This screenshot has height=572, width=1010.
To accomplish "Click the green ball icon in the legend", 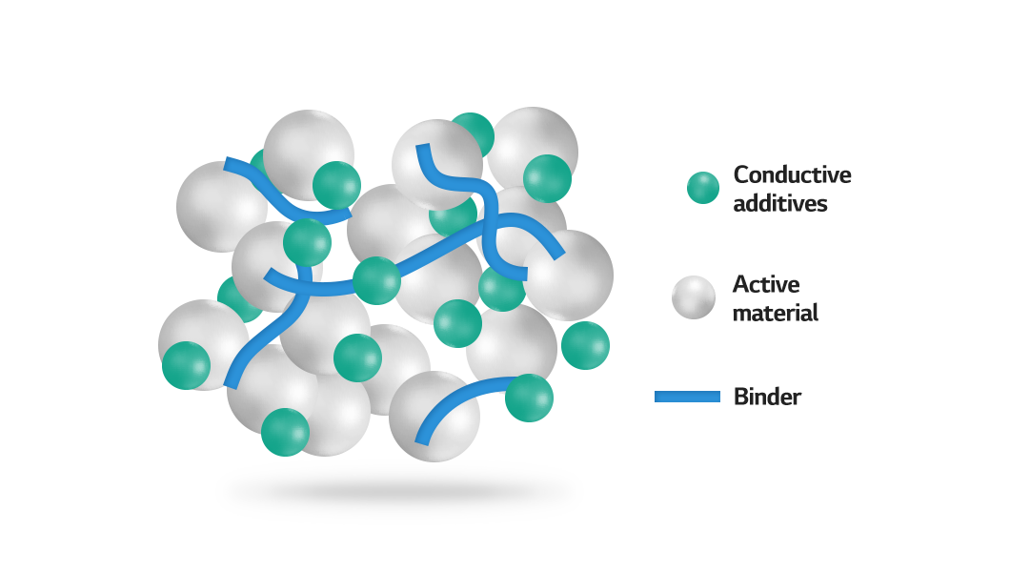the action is (703, 188).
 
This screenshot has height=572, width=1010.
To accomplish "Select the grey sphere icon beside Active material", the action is (694, 297).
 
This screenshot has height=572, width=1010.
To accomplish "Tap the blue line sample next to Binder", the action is (687, 397).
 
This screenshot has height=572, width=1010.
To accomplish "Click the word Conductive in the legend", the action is (793, 174).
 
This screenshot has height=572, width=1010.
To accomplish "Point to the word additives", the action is (780, 204).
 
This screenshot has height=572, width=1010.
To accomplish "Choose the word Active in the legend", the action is (766, 284).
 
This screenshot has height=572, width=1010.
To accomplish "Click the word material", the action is (776, 313).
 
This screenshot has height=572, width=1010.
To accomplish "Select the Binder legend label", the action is (767, 397).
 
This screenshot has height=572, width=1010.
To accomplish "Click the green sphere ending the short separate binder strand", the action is (529, 398).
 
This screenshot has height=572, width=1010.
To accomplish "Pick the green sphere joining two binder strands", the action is (376, 281).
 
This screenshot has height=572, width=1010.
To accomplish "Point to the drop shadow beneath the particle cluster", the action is (399, 493).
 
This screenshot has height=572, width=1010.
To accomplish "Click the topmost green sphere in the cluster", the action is (472, 135).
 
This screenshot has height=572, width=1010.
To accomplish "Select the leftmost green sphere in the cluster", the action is (186, 365).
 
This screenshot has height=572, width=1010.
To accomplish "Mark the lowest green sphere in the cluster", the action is (285, 432).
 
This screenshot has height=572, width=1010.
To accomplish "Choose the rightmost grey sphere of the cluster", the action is (568, 276).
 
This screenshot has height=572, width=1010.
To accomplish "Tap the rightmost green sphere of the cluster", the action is (586, 346).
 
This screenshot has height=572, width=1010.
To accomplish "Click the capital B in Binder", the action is (740, 397).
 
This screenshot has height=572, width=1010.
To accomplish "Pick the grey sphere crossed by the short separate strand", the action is (434, 416).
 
